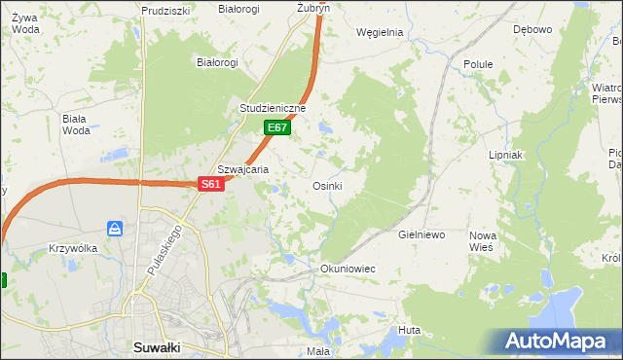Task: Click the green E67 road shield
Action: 276,127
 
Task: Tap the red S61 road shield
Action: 212,183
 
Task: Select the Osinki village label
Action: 326,186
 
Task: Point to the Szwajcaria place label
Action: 242,168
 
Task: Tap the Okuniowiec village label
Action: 348,268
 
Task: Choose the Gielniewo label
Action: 421,235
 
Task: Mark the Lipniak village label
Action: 506,155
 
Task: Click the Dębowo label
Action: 531,29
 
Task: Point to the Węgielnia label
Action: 380,31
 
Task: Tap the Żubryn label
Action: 313,7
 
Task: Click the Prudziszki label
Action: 164,10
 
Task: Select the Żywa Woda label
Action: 26,22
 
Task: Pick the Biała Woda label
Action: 75,125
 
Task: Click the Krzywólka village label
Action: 73,248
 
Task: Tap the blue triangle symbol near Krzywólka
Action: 115,229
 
